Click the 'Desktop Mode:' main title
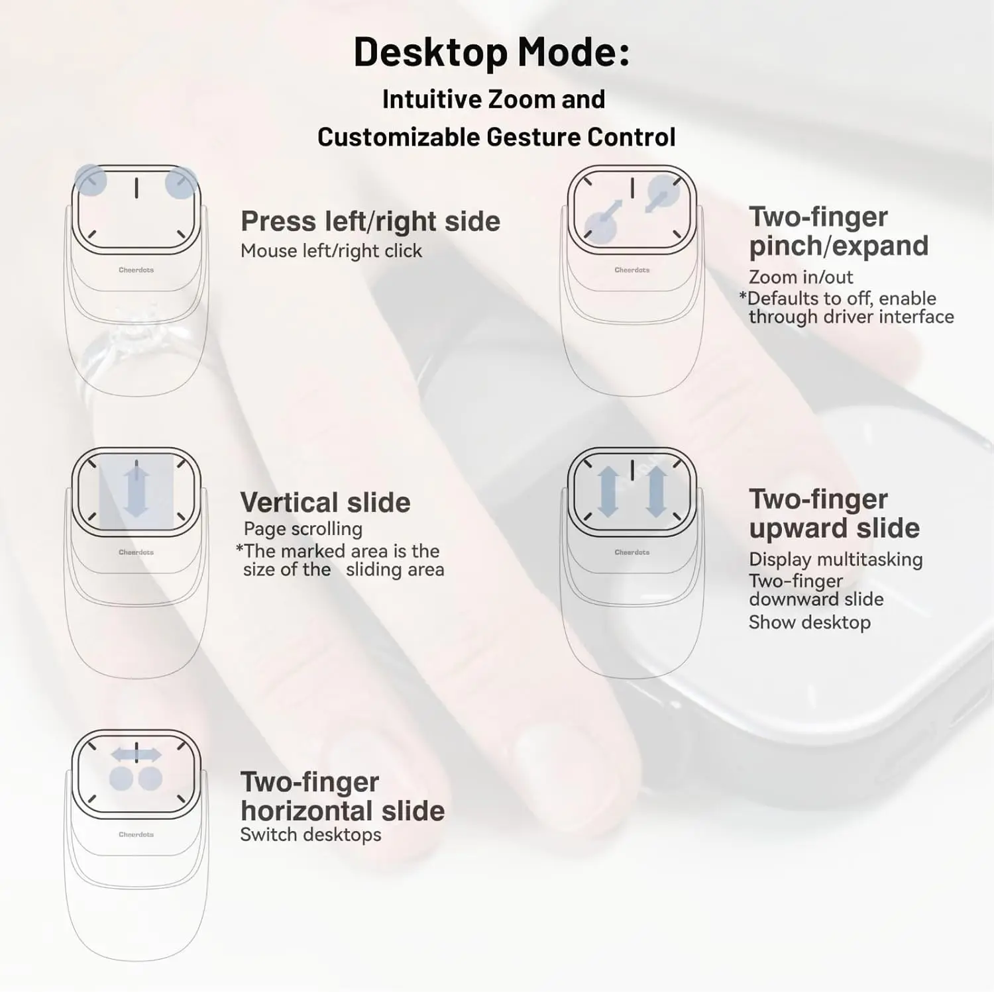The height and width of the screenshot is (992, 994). click(x=491, y=52)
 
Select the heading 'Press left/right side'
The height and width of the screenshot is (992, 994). click(x=370, y=221)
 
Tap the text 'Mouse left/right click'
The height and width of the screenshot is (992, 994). click(x=331, y=251)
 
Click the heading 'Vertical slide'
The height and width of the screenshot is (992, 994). click(x=325, y=503)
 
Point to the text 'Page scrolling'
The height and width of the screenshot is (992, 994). click(x=303, y=528)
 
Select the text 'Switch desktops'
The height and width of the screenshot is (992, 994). click(x=310, y=834)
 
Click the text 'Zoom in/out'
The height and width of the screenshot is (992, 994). click(x=801, y=277)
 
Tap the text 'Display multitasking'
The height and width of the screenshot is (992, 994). click(x=835, y=560)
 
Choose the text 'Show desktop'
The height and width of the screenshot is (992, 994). click(x=809, y=622)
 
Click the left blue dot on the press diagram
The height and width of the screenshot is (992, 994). click(x=90, y=180)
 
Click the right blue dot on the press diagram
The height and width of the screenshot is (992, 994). click(x=181, y=183)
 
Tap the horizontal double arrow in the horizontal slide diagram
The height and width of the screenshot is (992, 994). click(x=136, y=754)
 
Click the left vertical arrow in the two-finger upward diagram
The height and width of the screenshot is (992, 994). click(x=608, y=491)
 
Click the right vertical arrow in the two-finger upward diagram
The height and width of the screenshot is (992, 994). click(x=656, y=491)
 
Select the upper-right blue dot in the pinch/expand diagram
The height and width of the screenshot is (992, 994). click(x=663, y=191)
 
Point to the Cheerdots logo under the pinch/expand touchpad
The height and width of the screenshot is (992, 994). click(x=632, y=270)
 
